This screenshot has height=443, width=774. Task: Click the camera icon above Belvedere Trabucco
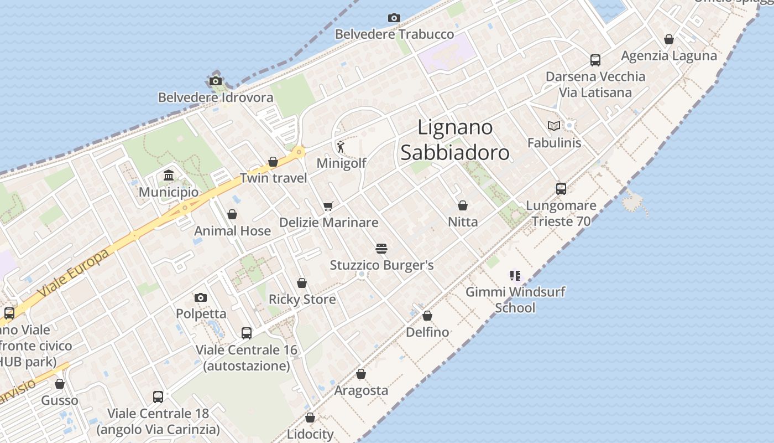coord(394,18)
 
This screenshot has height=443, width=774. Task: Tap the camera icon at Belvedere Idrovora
coord(216,81)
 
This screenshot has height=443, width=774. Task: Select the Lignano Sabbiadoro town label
coord(454,140)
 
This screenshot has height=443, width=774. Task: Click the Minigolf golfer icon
coord(341,147)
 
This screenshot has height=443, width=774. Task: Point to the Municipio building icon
coord(169,176)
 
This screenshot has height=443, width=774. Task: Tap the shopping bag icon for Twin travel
coord(273,162)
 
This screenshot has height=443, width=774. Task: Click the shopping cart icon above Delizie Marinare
coord(328,206)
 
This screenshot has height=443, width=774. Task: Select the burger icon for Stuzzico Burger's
coord(381,249)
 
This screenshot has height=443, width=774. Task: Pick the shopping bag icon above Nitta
coord(463,205)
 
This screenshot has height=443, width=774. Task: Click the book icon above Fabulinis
coord(554,126)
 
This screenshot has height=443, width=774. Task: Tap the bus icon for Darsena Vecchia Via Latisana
coord(595,60)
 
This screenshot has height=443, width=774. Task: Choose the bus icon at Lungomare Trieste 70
coord(561,189)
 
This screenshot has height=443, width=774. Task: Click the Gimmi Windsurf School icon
coord(516,275)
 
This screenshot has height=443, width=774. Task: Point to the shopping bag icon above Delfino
coord(427,316)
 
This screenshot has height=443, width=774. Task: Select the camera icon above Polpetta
coord(201,297)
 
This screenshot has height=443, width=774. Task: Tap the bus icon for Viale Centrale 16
coord(247,333)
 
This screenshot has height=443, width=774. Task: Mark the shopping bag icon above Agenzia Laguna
coord(669,39)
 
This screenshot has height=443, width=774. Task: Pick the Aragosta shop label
coord(361,390)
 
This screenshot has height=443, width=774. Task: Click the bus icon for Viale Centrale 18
coord(158,397)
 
